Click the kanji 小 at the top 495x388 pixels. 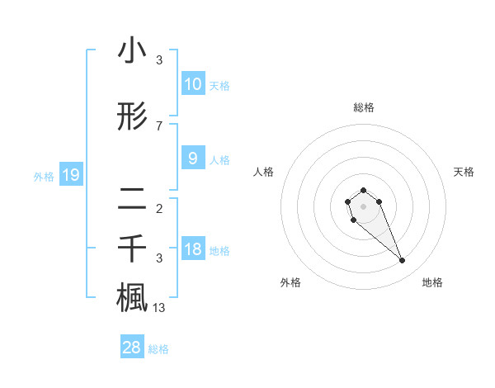(132, 51)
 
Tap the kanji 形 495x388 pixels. (132, 117)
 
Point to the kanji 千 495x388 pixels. (132, 248)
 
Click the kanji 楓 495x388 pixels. (132, 298)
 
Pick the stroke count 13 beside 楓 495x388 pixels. (159, 309)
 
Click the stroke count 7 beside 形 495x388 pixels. (159, 126)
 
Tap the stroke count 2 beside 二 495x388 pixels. (159, 208)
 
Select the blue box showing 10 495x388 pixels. (192, 84)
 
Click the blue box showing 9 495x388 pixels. (192, 159)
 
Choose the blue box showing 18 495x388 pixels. (192, 249)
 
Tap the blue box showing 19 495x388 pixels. (70, 175)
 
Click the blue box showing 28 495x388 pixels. (131, 348)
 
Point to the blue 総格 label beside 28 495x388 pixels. (158, 349)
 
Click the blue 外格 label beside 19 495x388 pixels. (44, 176)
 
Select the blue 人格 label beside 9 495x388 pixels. (219, 160)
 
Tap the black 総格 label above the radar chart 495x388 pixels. (363, 107)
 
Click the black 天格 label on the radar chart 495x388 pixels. (464, 172)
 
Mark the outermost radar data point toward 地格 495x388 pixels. (403, 261)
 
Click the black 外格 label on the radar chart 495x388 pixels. (290, 282)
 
